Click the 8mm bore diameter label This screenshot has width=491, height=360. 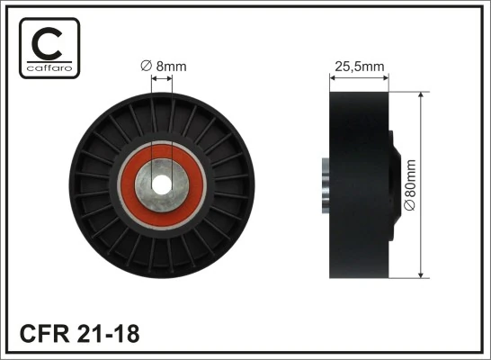[163, 66]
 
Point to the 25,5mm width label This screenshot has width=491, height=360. [361, 66]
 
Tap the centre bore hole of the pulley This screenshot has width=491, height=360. [162, 183]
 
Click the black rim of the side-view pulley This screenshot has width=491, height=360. [358, 184]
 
